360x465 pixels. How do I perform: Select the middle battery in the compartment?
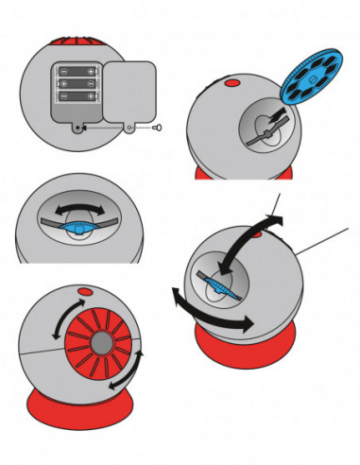(x=77, y=83)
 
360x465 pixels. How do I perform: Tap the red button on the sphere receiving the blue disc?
(x=230, y=84)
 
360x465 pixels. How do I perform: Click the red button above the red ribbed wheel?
(x=84, y=293)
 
